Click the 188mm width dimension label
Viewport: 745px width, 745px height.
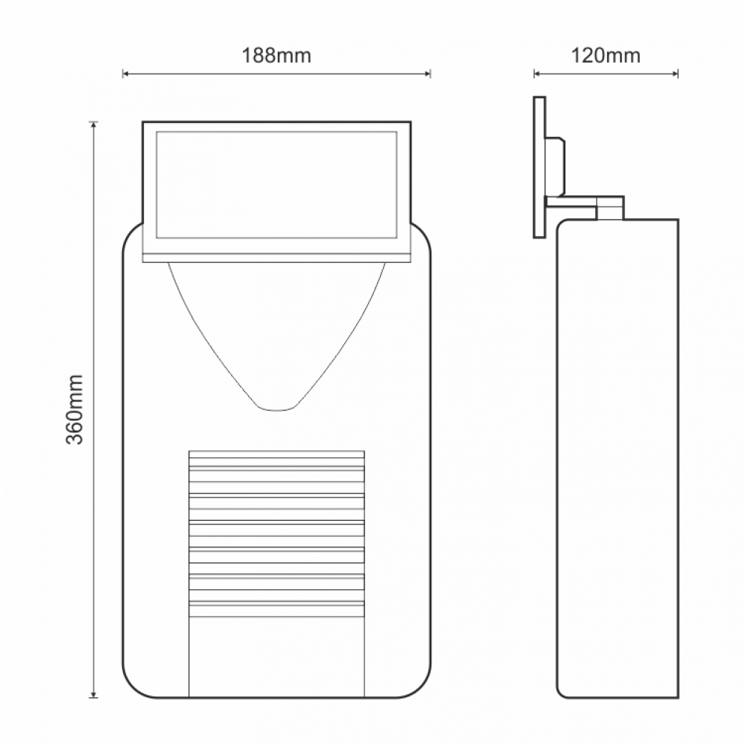tap(276, 55)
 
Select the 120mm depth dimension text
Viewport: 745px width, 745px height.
tap(606, 55)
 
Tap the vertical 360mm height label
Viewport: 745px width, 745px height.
tap(74, 410)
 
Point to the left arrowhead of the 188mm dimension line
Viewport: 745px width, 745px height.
tap(125, 74)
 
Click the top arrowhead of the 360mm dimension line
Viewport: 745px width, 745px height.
tap(94, 124)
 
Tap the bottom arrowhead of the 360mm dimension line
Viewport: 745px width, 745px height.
tap(94, 694)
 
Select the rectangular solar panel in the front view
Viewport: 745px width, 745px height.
tap(276, 185)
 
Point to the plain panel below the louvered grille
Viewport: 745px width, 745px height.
tap(276, 656)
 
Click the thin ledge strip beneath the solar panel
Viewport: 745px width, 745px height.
tap(276, 257)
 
